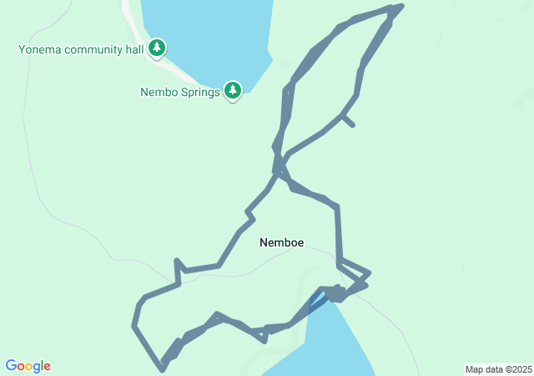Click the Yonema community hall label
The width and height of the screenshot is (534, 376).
point(82,48)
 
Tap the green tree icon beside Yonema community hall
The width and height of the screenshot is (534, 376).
point(157,48)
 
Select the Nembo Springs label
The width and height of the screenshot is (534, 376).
point(179,92)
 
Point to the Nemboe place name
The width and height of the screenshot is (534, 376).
point(281,243)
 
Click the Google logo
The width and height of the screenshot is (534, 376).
point(28,366)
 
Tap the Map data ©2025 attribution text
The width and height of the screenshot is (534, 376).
point(498,369)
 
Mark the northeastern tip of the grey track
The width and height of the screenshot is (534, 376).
point(401,7)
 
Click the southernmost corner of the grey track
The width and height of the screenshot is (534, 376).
point(162,368)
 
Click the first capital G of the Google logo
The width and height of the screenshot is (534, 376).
point(11,366)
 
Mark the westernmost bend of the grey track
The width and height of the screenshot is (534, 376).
point(133,324)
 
